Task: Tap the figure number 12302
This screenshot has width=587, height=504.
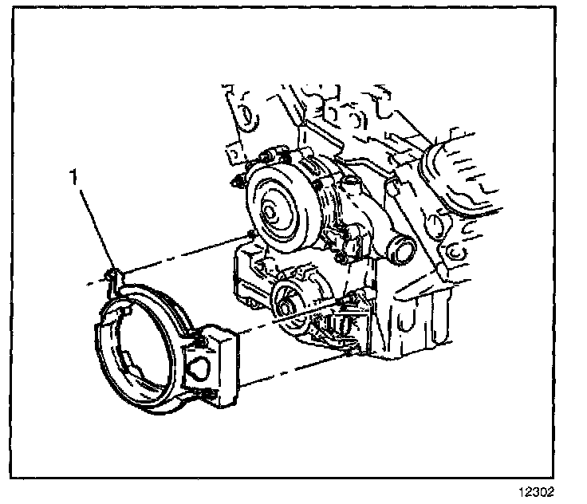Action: (536, 492)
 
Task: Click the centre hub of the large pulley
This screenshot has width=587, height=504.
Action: (270, 213)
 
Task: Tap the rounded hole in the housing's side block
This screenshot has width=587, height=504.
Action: (199, 368)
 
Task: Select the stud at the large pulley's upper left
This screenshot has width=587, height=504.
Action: (237, 183)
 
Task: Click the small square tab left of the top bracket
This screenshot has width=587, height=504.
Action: (233, 155)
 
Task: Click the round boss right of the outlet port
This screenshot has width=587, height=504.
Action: (434, 225)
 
